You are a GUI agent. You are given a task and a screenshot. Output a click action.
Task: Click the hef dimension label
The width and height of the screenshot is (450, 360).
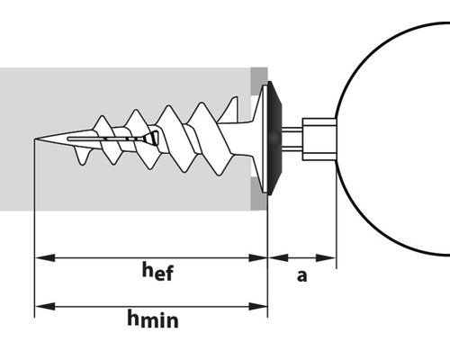[x=157, y=271]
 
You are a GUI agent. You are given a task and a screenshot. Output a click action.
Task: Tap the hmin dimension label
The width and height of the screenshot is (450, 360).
[x=153, y=319]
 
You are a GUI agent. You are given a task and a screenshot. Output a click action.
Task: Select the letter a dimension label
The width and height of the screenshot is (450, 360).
[x=302, y=275]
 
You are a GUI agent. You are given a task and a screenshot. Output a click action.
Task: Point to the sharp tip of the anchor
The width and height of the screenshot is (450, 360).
[x=35, y=139]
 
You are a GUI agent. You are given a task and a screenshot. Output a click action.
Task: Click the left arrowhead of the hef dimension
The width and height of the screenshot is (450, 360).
[x=45, y=257]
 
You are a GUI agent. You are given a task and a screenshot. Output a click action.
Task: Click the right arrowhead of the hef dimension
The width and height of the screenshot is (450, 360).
[x=257, y=257]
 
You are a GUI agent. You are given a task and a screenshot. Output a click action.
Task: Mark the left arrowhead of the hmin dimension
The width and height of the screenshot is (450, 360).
[x=45, y=306]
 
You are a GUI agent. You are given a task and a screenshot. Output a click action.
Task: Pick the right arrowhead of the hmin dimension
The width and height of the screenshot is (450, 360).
[x=257, y=306]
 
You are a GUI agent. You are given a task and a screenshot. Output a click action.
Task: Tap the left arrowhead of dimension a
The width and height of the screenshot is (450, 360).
[x=278, y=257]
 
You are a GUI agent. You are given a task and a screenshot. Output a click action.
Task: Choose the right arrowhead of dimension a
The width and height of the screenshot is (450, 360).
[x=326, y=257]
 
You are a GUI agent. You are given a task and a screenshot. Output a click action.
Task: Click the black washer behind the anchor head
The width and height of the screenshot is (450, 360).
[x=274, y=138]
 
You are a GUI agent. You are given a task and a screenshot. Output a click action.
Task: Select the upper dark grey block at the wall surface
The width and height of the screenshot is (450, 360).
[x=259, y=80]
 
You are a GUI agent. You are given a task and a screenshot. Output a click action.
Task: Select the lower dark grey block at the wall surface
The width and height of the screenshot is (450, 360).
[x=259, y=193]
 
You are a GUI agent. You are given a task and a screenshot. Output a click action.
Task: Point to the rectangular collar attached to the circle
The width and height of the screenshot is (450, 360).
[x=319, y=139]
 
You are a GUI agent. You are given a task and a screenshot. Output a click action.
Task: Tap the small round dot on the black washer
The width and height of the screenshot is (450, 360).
[x=274, y=138]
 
